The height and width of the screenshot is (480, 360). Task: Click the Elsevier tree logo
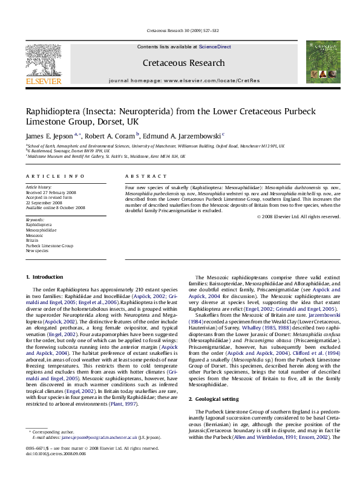pyautogui.click(x=43, y=58)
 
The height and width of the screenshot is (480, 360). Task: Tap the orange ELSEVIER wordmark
pyautogui.click(x=43, y=80)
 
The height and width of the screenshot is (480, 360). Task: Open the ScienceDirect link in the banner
pyautogui.click(x=214, y=47)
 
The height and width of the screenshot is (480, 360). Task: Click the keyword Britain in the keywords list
pyautogui.click(x=31, y=241)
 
